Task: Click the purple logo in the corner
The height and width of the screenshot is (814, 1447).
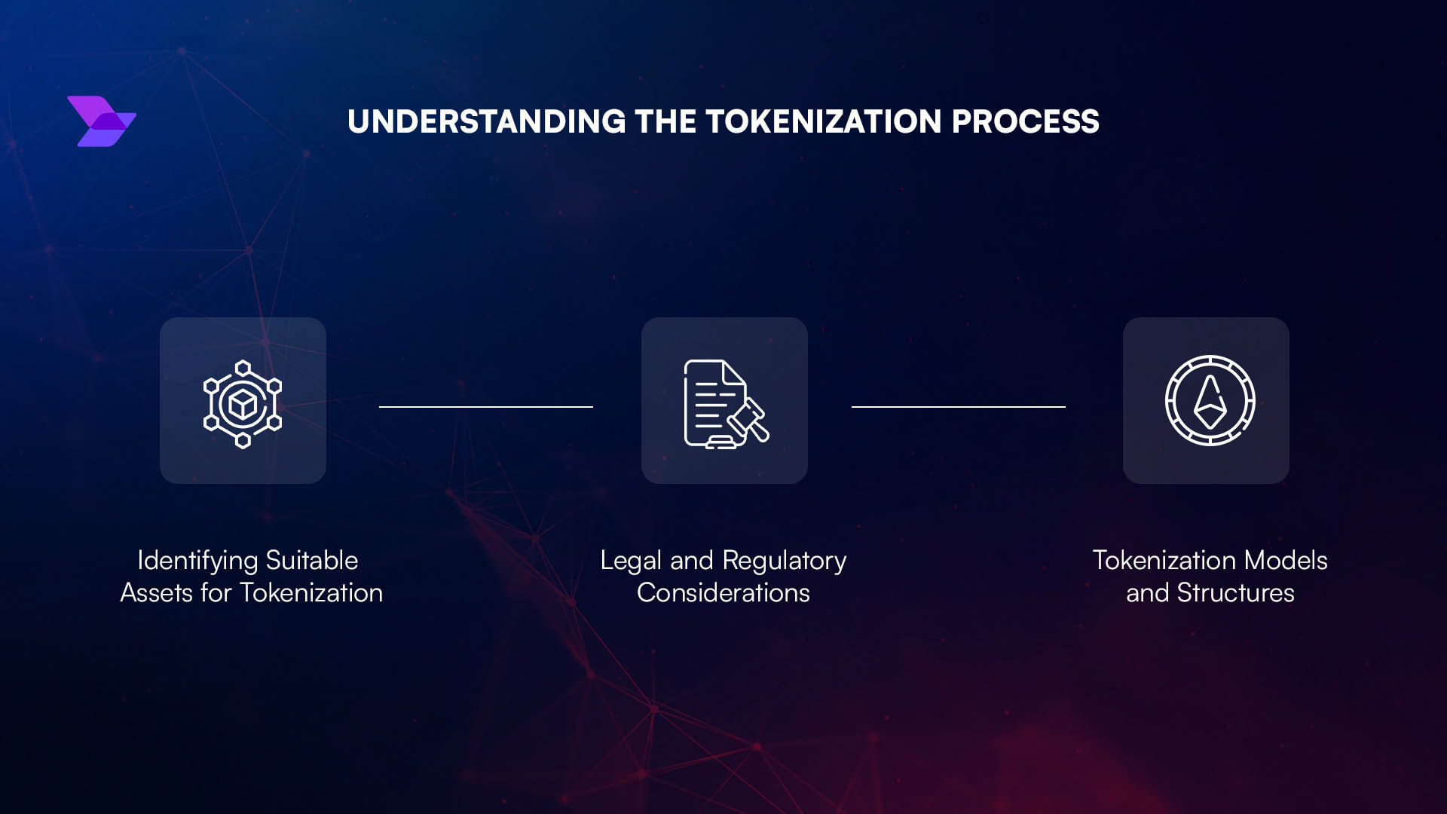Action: pos(102,121)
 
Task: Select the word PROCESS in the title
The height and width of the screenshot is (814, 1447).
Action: pos(1026,122)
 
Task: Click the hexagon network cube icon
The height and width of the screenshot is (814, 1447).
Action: pos(243,404)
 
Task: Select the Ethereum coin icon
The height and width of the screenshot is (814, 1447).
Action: pos(1210,400)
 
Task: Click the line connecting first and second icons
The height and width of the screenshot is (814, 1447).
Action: pos(486,407)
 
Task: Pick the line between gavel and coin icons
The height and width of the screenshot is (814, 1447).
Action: pos(959,407)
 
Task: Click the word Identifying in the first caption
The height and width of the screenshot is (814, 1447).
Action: pos(198,561)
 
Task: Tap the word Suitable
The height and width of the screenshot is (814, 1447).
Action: pos(312,560)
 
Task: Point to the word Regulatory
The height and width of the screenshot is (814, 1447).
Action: pos(785,561)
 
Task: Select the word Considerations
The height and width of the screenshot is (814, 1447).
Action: pos(723,593)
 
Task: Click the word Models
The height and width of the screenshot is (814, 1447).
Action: pos(1286,560)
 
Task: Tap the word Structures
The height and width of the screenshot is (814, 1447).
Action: pos(1236,593)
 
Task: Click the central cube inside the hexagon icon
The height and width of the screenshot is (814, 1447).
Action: pos(243,405)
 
